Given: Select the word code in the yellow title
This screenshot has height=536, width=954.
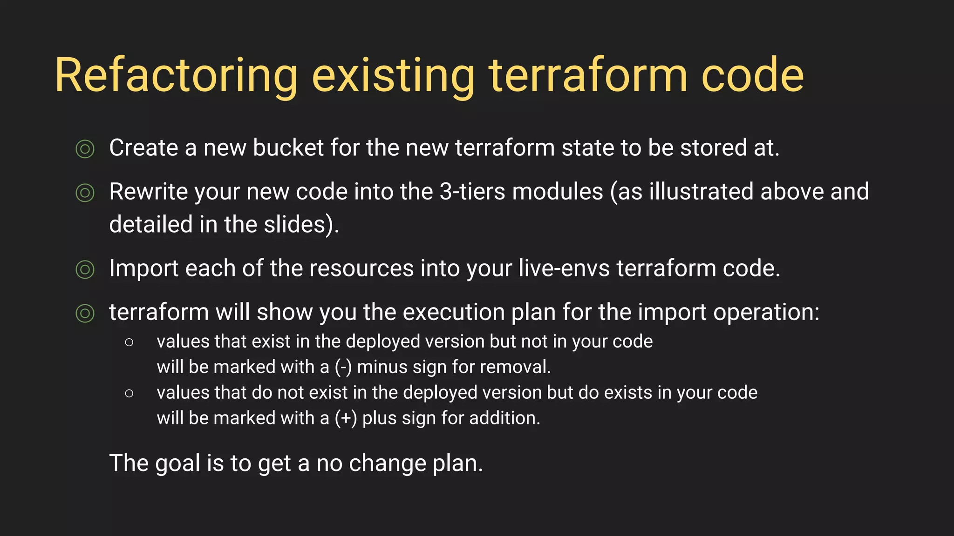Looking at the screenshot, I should [x=752, y=75].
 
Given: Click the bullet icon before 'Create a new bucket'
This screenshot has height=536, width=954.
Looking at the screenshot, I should [x=85, y=149].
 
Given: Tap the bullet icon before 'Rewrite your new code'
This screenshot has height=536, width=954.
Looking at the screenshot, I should [x=85, y=193].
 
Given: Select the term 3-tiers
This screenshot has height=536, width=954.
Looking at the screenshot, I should [x=472, y=192].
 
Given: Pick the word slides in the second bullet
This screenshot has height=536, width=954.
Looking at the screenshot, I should [x=294, y=225].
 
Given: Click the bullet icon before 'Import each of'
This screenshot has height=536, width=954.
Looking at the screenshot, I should [x=85, y=269].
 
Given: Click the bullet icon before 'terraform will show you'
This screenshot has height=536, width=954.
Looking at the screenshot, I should [x=85, y=313].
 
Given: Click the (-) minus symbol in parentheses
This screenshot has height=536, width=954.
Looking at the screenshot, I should [x=343, y=368].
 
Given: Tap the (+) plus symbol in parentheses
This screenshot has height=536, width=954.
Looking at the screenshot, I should [x=346, y=419].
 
